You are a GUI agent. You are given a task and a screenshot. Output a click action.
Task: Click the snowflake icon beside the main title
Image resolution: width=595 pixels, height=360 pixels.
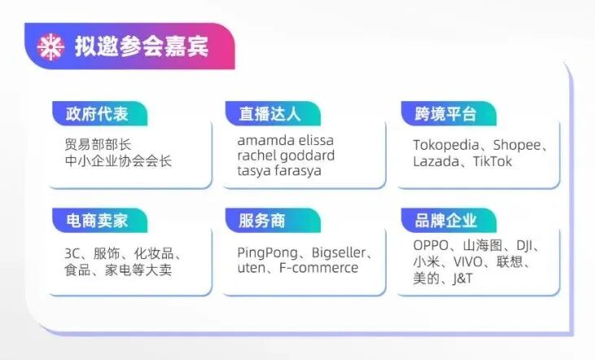coord(51,48)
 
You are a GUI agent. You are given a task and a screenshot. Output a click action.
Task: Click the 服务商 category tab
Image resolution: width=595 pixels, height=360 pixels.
coord(262,220)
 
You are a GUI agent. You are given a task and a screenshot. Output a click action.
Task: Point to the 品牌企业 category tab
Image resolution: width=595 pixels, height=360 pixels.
coord(446,220)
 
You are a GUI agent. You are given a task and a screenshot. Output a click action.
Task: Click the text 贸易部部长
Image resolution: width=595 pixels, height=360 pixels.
coord(98,145)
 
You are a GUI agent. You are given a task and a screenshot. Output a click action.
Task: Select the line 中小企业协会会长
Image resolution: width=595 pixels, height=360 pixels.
coord(119,160)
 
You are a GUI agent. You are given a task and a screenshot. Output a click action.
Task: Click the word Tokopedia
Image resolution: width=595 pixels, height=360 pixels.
coord(448,146)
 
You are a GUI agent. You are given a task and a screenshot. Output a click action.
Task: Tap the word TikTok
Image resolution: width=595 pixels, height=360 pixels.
coord(489,161)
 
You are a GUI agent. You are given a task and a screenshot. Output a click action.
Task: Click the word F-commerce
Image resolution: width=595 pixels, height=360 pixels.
coord(320,268)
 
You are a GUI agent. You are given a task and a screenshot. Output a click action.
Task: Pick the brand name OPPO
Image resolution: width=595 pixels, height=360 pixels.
coord(431,246)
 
